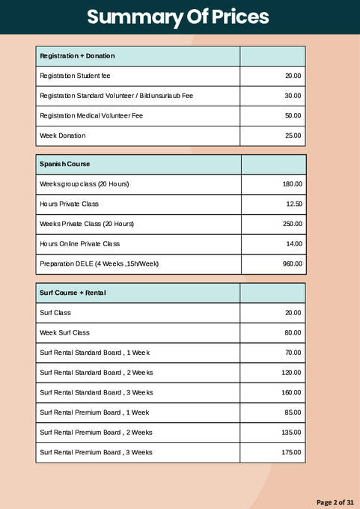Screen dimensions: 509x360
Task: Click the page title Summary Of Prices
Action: (177, 17)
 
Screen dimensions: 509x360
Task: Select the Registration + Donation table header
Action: (77, 56)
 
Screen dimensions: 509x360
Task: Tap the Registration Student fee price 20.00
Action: (293, 76)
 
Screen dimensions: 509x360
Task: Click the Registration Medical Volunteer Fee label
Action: (91, 116)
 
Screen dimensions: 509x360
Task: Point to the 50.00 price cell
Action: (293, 116)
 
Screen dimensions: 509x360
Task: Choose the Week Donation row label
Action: (63, 135)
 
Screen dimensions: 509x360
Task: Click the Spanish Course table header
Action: (65, 164)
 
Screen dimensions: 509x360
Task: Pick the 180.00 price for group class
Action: (293, 184)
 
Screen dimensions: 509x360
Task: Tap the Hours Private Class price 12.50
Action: (293, 204)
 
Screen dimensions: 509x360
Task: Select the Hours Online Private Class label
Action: (80, 244)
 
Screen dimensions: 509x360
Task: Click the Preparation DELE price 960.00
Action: (293, 263)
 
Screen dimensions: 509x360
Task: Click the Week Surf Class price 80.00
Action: (293, 332)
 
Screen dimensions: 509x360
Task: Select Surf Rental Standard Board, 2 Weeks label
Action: (97, 372)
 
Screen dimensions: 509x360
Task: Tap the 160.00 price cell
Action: (291, 392)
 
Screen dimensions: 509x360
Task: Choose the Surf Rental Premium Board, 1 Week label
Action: (94, 412)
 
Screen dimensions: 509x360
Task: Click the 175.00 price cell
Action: (291, 452)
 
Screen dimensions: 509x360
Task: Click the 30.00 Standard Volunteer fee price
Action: (293, 96)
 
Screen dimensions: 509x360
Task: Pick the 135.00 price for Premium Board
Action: (291, 432)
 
